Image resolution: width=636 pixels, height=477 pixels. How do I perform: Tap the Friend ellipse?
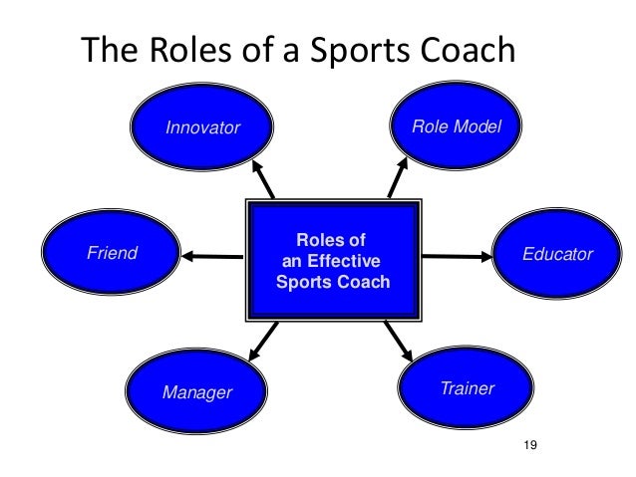coord(112,254)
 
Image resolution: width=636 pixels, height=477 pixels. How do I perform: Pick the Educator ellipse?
coord(557,255)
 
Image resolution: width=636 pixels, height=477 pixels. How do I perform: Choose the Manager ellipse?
coord(195,391)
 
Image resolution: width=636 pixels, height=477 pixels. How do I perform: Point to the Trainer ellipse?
coord(467,388)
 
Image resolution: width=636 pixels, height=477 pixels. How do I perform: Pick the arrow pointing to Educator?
coord(458,257)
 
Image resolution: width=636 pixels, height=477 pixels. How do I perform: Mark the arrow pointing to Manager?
coord(261,341)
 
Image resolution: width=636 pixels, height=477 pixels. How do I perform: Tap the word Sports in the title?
coord(374,51)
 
